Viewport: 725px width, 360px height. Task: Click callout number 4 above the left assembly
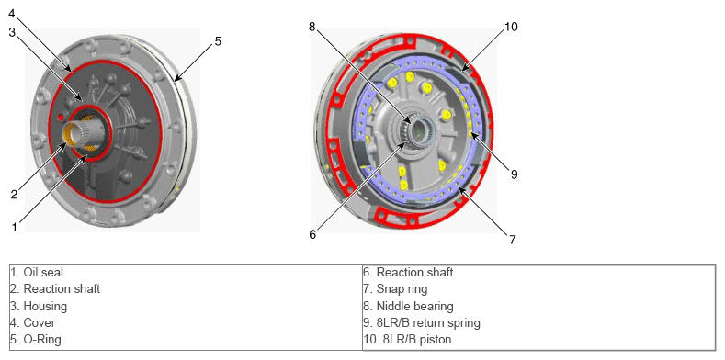click(x=13, y=15)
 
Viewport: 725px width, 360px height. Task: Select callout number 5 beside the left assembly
click(x=218, y=41)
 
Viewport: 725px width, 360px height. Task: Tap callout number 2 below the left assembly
click(x=15, y=195)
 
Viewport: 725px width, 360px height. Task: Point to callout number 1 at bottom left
click(x=15, y=227)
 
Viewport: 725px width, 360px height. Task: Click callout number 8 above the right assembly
click(x=312, y=27)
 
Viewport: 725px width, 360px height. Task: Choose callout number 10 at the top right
click(x=511, y=28)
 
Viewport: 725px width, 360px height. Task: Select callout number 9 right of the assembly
click(x=515, y=174)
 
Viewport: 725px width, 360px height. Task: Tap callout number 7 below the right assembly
click(x=512, y=240)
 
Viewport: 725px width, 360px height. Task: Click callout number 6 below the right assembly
click(x=312, y=234)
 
